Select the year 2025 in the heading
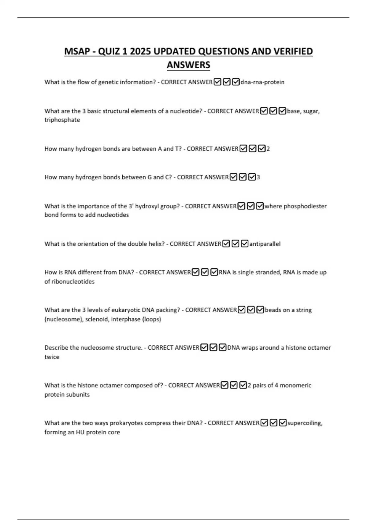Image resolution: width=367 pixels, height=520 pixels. [x=140, y=51]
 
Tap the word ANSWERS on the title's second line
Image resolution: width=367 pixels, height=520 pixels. [x=188, y=65]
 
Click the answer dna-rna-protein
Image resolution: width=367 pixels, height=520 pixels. [x=262, y=82]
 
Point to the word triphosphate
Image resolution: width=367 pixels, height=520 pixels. [x=62, y=120]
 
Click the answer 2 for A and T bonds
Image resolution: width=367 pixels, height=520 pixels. [x=268, y=149]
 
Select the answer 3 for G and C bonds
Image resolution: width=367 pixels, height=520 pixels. [x=258, y=177]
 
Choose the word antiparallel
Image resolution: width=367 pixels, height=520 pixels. [x=265, y=244]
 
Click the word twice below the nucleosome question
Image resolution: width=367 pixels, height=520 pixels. [x=52, y=357]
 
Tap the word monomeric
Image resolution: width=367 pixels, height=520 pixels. [x=295, y=385]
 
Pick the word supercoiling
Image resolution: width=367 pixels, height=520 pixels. [x=305, y=423]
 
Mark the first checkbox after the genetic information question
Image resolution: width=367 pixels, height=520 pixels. [x=217, y=82]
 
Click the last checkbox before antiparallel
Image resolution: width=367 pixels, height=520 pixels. [x=244, y=244]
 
